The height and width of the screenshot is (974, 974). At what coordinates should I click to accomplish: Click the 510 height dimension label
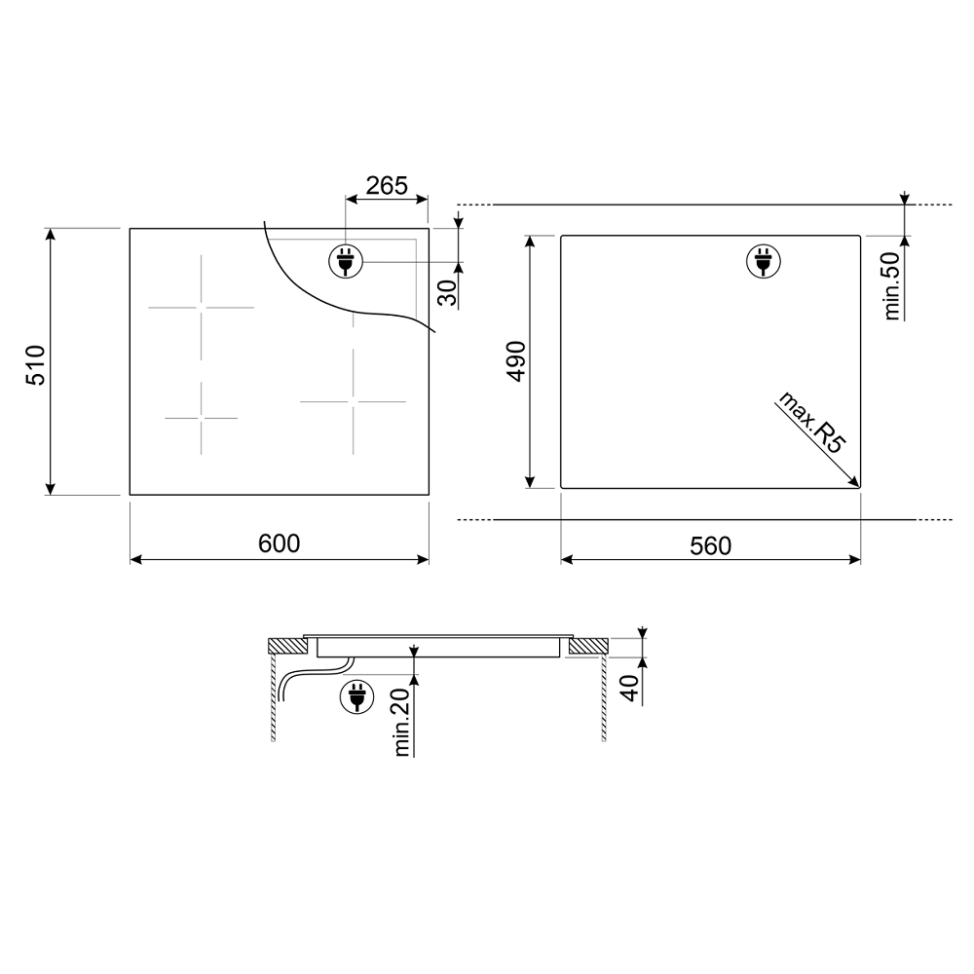click(36, 365)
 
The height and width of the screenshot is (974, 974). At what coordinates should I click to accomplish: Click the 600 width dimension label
click(279, 543)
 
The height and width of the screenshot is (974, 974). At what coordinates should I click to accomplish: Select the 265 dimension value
click(387, 185)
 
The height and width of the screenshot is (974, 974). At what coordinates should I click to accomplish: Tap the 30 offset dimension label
click(447, 292)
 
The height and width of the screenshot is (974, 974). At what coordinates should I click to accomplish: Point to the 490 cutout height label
click(516, 361)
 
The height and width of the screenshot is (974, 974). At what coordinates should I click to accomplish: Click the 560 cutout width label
click(711, 546)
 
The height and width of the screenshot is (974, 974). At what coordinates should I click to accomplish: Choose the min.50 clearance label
click(892, 286)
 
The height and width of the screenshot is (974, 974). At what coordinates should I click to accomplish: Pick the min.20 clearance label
click(402, 722)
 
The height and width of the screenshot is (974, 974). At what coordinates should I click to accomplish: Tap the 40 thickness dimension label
click(630, 689)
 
